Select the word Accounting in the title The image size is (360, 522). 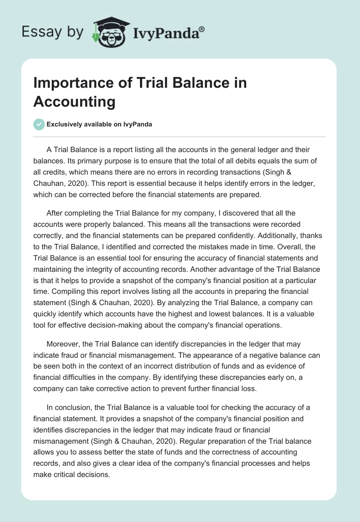pyautogui.click(x=74, y=102)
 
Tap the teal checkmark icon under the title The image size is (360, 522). pyautogui.click(x=39, y=124)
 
